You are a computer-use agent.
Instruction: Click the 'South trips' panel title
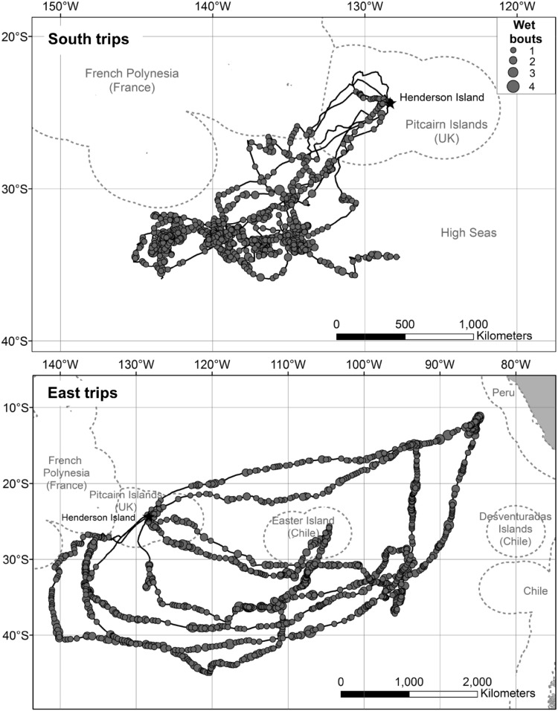89,39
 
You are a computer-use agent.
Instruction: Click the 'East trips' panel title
83,393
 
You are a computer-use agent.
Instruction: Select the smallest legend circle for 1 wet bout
513,50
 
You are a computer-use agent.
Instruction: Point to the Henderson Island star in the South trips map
389,103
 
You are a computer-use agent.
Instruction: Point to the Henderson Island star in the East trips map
148,516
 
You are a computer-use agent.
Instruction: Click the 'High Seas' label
469,233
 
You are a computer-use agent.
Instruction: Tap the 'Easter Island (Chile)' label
303,527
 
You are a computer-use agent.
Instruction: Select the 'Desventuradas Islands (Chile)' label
515,529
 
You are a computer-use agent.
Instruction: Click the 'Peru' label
504,393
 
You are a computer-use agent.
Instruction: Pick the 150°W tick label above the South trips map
61,7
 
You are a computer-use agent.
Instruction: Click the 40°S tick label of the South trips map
16,341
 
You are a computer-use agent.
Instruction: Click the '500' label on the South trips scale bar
405,324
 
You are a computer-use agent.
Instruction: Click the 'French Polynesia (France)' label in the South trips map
132,80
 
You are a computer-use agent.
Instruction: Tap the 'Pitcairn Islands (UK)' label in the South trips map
446,132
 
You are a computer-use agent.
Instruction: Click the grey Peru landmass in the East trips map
540,404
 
